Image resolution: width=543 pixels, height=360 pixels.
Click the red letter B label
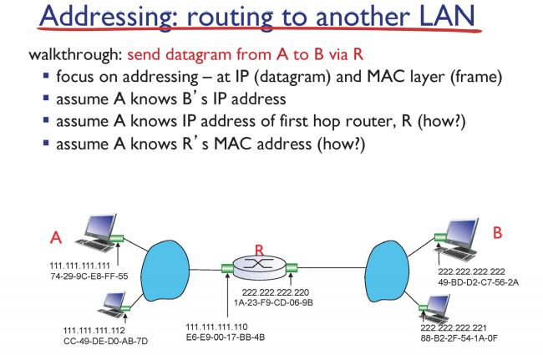(497, 233)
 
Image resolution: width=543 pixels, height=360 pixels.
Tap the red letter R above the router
(260, 250)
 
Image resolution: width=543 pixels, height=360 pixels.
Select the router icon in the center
(260, 268)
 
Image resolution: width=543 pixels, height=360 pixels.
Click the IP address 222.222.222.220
(282, 292)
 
